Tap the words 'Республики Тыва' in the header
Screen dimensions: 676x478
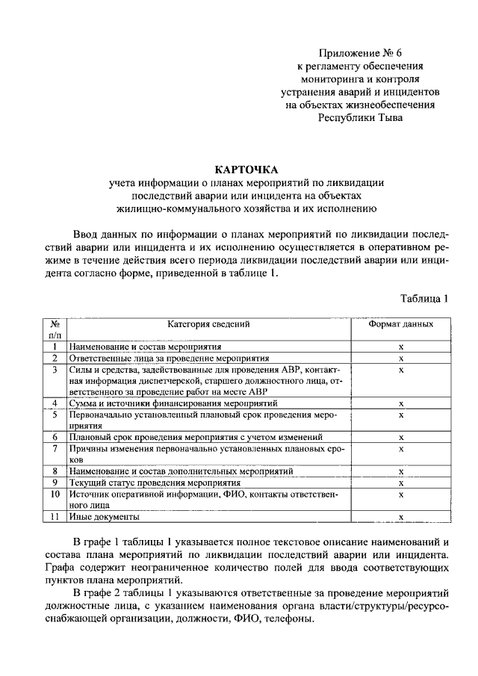(359, 117)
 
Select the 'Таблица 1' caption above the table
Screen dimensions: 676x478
(424, 299)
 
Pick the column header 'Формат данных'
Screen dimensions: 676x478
(401, 324)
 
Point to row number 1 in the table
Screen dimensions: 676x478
(55, 347)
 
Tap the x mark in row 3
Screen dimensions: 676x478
(401, 369)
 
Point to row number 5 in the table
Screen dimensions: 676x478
(55, 414)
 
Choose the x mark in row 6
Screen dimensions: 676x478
(401, 437)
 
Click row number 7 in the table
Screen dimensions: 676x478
(55, 448)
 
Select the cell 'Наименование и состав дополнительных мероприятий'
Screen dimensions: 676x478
(176, 471)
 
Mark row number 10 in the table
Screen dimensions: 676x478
(55, 494)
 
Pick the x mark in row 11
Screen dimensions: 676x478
(401, 517)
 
